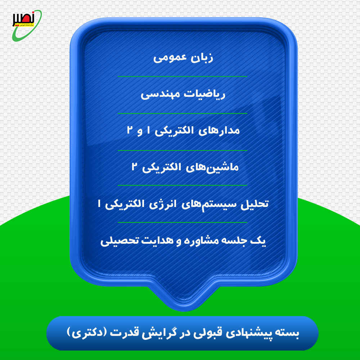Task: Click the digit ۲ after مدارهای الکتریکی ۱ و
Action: [x=130, y=130]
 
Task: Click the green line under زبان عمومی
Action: [x=183, y=77]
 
